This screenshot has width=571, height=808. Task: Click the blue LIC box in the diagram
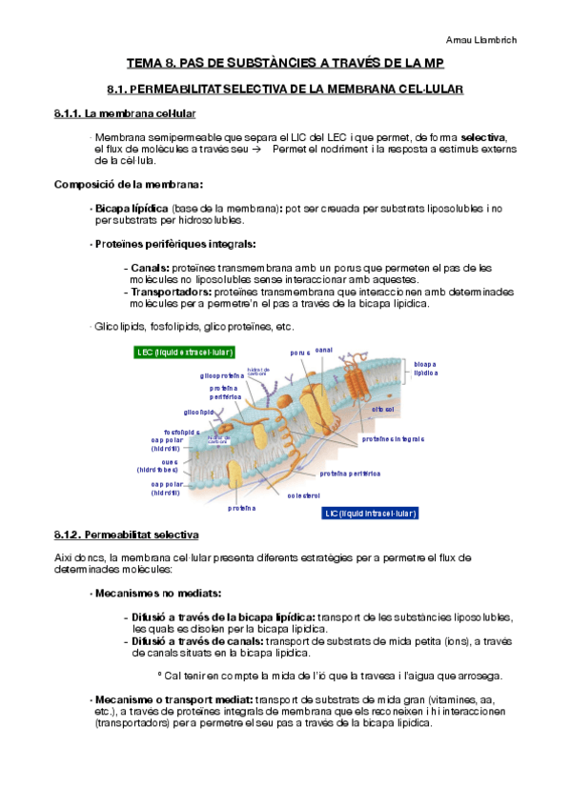point(370,513)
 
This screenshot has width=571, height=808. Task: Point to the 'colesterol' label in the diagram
point(303,495)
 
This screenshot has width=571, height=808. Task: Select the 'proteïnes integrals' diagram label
point(393,439)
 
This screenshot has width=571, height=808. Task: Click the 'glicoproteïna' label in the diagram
point(222,375)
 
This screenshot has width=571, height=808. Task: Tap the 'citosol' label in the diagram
point(384,409)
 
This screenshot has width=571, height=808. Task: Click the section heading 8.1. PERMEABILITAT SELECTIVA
point(286,90)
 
